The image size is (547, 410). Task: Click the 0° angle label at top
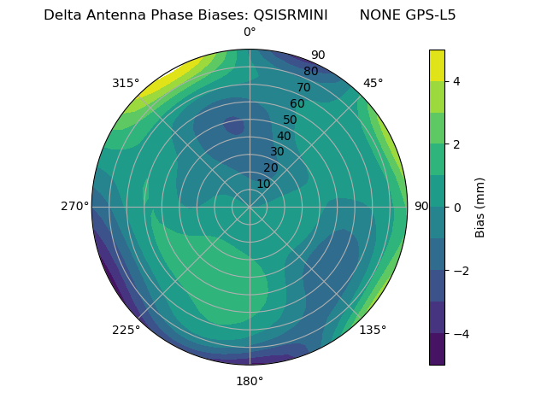250,32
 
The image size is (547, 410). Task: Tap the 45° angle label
373,83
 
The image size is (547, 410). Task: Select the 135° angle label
373,330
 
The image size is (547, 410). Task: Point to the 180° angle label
250,381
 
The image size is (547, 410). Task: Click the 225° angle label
126,330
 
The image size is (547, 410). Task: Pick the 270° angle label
74,207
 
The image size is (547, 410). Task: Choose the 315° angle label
126,83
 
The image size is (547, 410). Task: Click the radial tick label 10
263,184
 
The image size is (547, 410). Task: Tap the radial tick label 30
277,152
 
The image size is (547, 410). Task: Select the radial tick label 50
290,120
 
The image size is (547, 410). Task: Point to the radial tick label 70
303,88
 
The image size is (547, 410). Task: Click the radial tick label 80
310,72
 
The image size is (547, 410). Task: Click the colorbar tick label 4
457,81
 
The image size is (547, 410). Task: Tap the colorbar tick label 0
457,207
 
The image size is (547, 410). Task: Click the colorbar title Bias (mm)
480,207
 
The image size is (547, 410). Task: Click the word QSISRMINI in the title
291,15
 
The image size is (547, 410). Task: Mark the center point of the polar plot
250,207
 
